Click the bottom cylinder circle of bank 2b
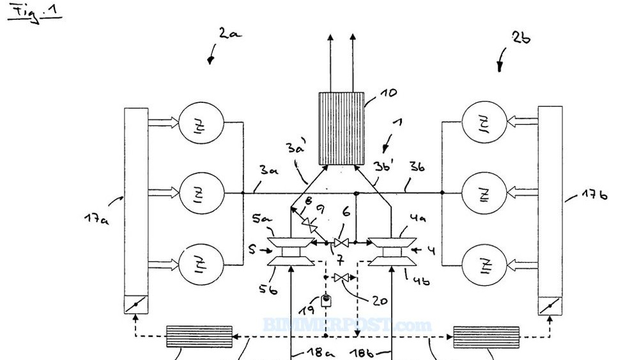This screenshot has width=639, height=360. (483, 263)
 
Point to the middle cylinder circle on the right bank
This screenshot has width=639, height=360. (483, 192)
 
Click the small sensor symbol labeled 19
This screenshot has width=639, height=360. (325, 300)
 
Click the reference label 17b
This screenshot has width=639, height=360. (592, 192)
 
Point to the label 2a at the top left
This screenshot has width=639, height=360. (229, 33)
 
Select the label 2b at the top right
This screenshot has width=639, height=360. (521, 38)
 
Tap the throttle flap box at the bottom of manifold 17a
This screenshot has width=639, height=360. (135, 305)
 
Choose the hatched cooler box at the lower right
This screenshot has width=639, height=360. (485, 336)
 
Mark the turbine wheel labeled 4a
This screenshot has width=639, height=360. (392, 240)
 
